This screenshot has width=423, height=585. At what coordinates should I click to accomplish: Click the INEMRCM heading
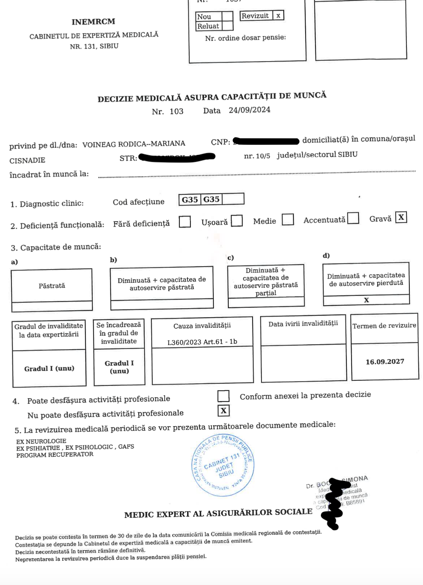(93, 22)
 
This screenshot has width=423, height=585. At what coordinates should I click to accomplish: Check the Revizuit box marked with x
(278, 16)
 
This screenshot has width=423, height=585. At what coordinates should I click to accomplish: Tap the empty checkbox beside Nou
(227, 17)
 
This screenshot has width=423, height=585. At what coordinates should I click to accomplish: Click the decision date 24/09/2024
(249, 110)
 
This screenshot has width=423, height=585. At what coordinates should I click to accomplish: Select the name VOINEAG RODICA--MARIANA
(133, 144)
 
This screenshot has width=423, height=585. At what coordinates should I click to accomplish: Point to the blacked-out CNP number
(266, 141)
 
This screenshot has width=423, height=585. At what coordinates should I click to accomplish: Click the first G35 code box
(190, 200)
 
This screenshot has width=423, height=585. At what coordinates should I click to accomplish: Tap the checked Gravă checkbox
(400, 217)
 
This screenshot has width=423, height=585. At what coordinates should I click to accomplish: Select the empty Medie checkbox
(288, 219)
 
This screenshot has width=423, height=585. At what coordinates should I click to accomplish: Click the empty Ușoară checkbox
(237, 221)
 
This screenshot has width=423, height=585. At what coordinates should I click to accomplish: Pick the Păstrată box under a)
(52, 286)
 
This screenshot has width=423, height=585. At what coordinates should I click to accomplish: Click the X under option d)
(366, 300)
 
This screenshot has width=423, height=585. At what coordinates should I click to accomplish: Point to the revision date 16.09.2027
(385, 362)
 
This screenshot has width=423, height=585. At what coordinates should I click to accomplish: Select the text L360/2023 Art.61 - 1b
(202, 342)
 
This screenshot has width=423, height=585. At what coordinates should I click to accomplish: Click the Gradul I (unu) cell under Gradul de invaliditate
(49, 368)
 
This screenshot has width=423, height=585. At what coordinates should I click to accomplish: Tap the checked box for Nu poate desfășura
(223, 411)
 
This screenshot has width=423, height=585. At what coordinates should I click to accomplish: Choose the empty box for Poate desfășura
(223, 396)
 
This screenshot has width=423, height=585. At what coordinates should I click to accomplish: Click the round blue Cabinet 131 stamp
(223, 466)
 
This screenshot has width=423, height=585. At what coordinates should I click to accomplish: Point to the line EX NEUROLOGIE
(41, 441)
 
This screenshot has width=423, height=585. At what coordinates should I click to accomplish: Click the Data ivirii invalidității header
(303, 323)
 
